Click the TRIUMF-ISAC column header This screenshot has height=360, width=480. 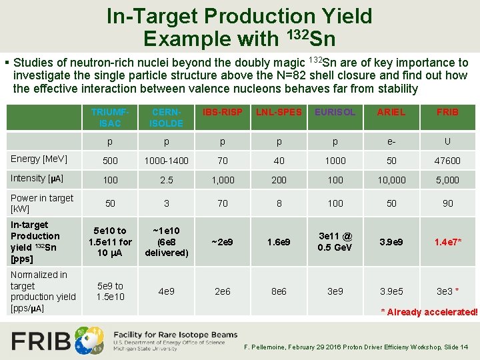pos(110,117)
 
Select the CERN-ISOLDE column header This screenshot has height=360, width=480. pos(166,117)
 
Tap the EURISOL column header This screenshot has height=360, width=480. pos(335,112)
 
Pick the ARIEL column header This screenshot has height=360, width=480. pos(391,112)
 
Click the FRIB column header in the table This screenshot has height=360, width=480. pos(447,112)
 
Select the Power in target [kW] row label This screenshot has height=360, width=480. pos(42,203)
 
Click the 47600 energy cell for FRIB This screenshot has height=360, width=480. pos(447,161)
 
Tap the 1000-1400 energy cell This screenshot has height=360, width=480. pos(166,161)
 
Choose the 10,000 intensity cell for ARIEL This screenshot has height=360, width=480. pos(391,180)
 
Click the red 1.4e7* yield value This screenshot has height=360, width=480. pos(448,242)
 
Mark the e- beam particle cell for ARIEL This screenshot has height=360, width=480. pos(391,142)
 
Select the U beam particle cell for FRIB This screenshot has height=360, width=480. pos(447,141)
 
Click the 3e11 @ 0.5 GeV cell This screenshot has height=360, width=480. pos(335,241)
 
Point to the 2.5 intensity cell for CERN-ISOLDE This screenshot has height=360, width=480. pos(166,180)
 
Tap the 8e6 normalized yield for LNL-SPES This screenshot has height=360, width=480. pos(279,291)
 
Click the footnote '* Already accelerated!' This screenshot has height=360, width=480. pos(429,312)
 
